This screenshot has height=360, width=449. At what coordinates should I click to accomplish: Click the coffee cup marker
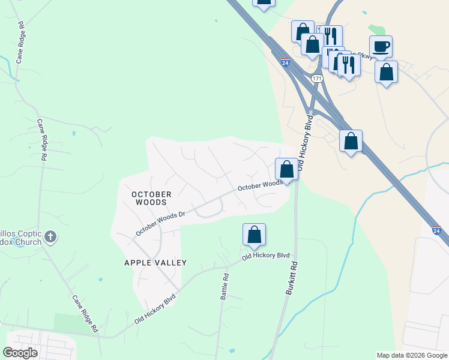click(381, 46)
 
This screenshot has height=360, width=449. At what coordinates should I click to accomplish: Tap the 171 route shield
click(317, 79)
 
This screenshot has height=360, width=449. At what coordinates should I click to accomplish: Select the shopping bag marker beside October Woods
click(287, 169)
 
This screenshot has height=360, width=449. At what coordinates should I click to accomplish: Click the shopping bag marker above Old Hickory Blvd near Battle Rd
click(254, 235)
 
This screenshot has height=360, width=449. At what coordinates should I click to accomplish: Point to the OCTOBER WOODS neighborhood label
click(151, 198)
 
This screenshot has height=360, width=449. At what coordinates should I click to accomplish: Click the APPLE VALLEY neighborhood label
click(155, 263)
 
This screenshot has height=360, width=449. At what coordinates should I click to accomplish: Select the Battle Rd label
click(226, 287)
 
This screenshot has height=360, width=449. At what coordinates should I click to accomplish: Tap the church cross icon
click(50, 236)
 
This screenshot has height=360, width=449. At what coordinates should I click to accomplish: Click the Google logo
click(20, 353)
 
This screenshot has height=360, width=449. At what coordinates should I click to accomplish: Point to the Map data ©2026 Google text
click(411, 355)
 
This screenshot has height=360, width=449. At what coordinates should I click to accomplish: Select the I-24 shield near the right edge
click(436, 230)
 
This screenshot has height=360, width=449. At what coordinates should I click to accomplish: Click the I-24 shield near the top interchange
click(285, 62)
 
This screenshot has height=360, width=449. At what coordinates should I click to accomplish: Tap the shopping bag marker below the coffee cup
click(387, 72)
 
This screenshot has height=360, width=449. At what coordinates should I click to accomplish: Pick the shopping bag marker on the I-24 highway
click(351, 141)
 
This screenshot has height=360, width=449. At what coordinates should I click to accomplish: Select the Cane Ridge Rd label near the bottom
click(85, 314)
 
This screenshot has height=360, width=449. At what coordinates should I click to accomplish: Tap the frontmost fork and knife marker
click(348, 64)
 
